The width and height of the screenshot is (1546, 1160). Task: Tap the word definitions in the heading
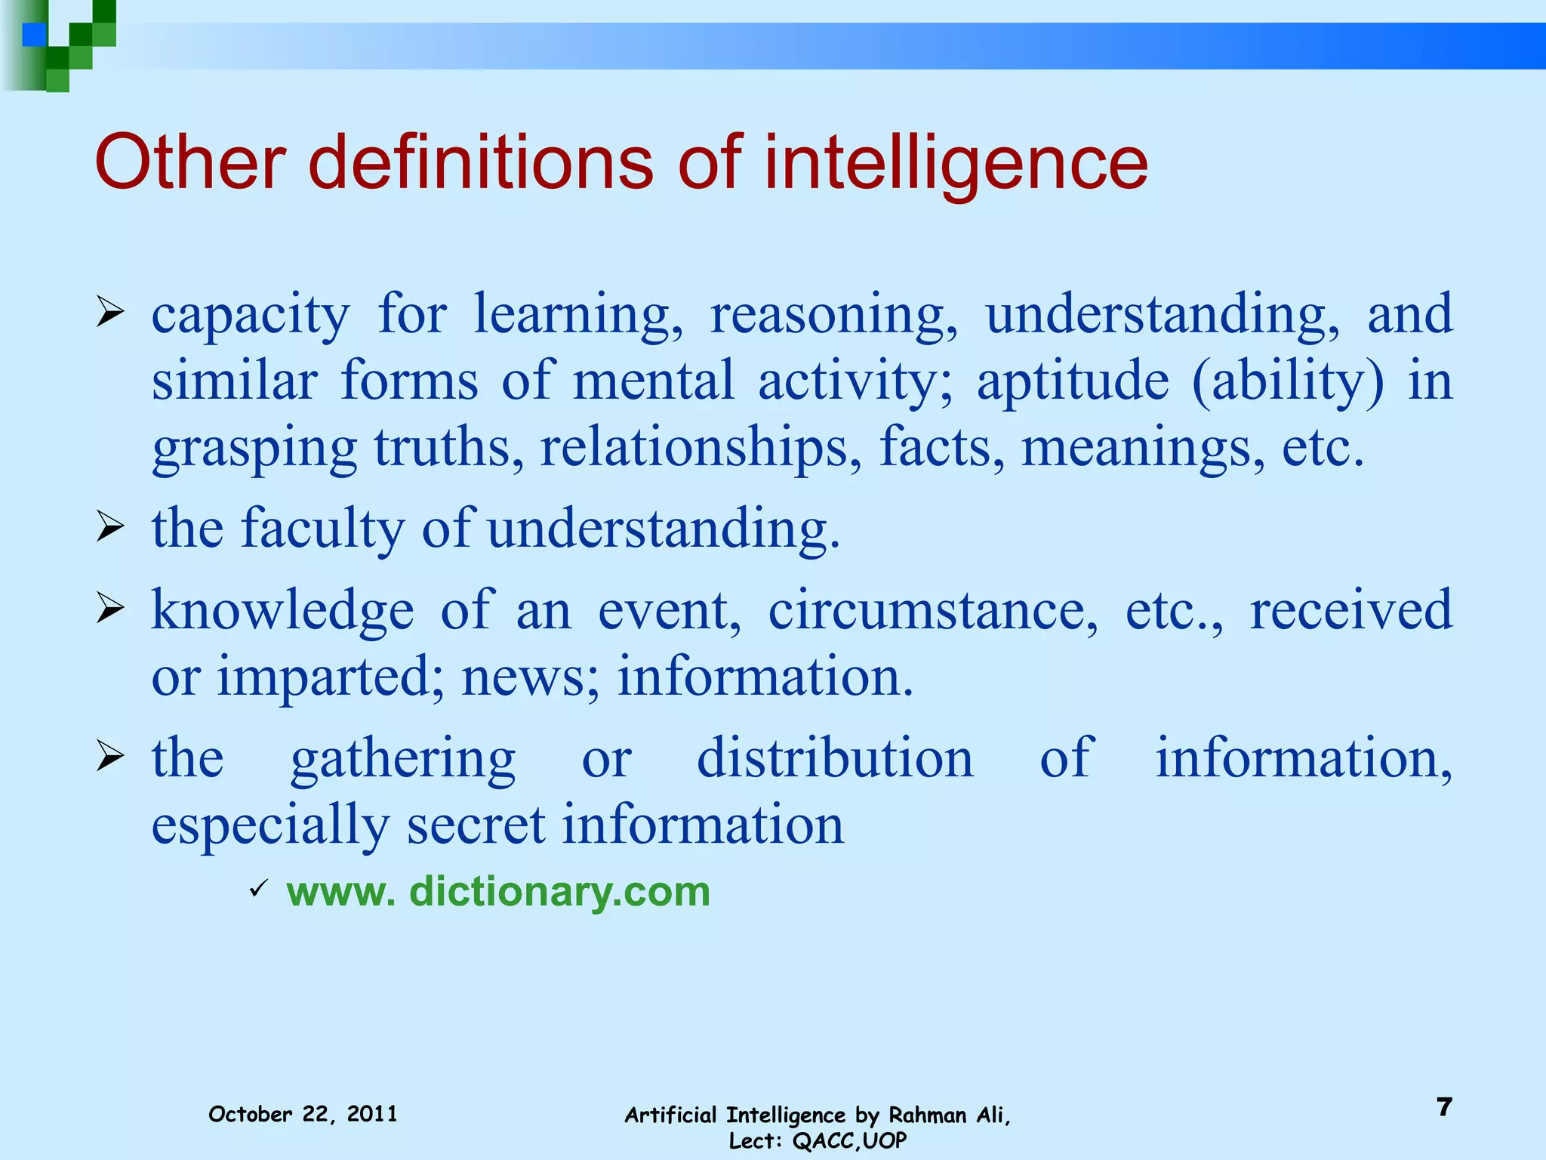[481, 162]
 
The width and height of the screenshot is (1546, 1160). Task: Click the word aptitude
[1073, 382]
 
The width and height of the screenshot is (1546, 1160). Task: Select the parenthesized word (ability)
[1288, 382]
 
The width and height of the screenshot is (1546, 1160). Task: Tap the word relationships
[701, 448]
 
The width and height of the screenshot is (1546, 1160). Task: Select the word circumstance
[933, 610]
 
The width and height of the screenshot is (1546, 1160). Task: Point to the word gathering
[403, 759]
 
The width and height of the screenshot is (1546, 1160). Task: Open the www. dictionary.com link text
[498, 892]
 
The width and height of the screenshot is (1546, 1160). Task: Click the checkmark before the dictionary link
[258, 889]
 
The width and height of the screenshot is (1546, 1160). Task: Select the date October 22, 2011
[303, 1114]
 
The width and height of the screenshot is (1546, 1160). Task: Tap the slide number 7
[1444, 1107]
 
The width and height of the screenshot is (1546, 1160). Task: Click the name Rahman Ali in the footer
[949, 1115]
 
